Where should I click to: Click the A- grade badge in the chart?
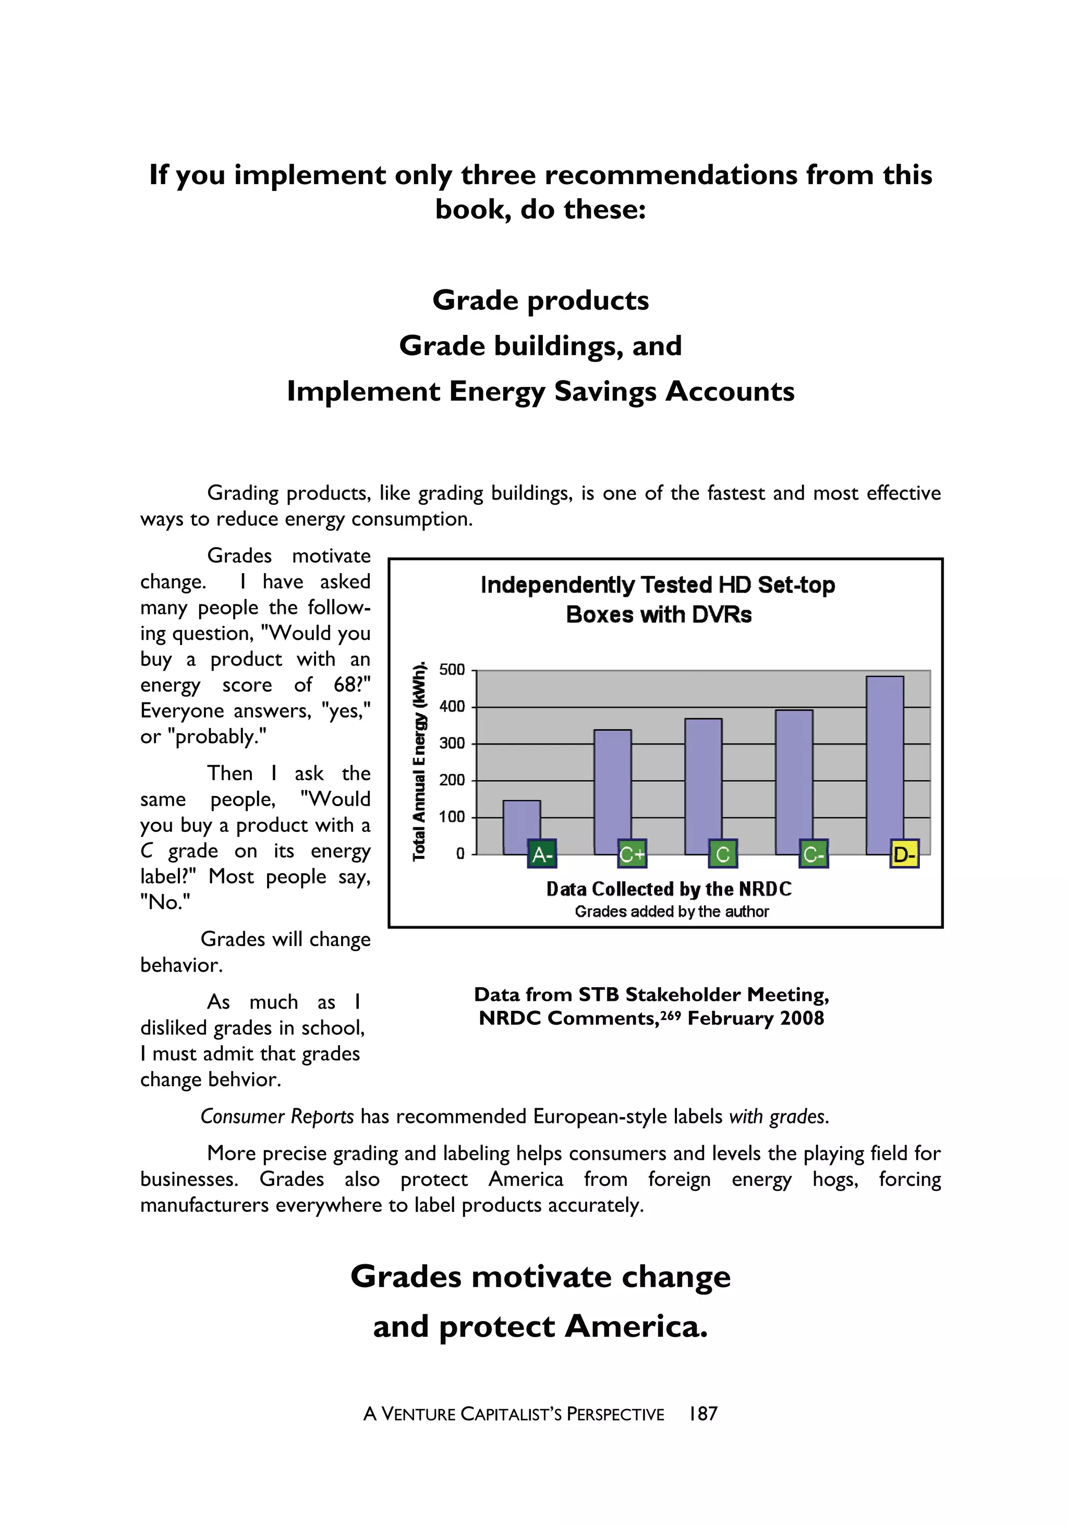[x=542, y=854]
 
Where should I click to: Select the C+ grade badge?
[x=632, y=854]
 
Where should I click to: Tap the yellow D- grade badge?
[x=904, y=854]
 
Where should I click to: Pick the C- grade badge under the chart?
[x=814, y=854]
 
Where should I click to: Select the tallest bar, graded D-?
[x=884, y=765]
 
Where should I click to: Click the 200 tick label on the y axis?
[x=452, y=780]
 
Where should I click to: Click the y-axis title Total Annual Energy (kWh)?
[x=419, y=761]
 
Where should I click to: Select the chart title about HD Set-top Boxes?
[x=658, y=600]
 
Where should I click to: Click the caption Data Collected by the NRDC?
[x=669, y=889]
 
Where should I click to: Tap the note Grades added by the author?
[x=671, y=911]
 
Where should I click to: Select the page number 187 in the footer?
[x=703, y=1414]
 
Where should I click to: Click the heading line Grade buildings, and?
[x=540, y=346]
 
